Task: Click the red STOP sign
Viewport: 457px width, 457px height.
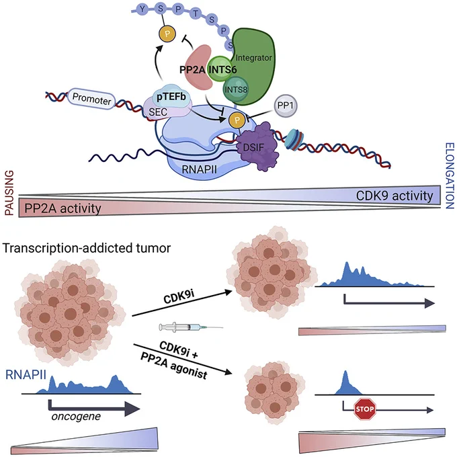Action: [365, 409]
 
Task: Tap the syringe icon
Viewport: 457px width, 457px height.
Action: [191, 327]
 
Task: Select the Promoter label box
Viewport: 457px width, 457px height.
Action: [91, 99]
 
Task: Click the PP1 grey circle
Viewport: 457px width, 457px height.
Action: [286, 106]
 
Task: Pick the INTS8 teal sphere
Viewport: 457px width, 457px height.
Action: [236, 89]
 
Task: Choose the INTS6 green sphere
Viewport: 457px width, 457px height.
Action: [220, 69]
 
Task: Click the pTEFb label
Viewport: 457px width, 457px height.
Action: [171, 97]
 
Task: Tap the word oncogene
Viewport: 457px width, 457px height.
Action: [76, 417]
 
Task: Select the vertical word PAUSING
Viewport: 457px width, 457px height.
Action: [9, 193]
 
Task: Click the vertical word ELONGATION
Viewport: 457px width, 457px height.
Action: [450, 176]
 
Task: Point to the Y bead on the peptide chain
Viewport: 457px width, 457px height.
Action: [142, 9]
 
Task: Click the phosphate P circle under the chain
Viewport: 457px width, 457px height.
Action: [167, 34]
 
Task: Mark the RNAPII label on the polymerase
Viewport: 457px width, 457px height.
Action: [199, 169]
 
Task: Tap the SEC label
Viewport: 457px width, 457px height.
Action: [158, 112]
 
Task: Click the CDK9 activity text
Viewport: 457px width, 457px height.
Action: [394, 196]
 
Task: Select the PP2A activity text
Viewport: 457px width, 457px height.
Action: [63, 209]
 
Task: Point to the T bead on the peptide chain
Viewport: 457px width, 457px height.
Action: [196, 13]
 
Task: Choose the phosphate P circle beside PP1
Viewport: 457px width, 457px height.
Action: [237, 120]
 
